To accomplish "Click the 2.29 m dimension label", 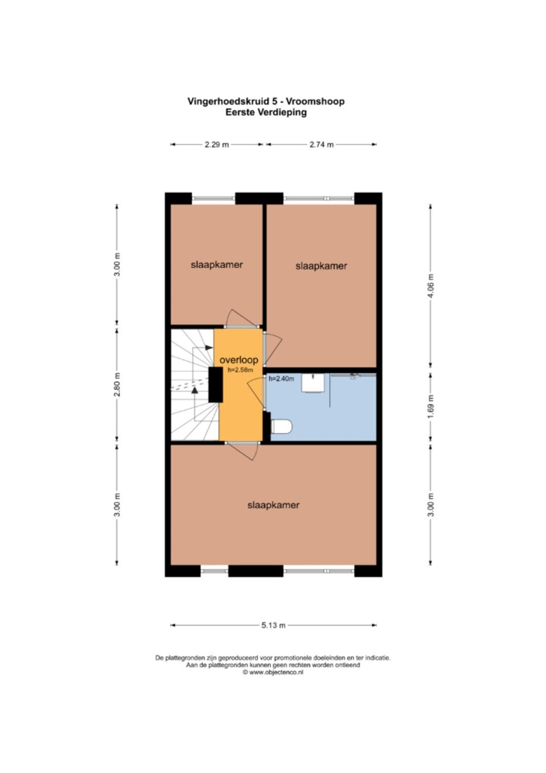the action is coord(217,144).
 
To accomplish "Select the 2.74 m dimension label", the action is coord(321,144).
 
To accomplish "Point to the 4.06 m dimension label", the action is coord(430,286).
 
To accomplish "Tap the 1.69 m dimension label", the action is coord(430,408).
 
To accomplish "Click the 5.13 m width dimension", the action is coord(274,625).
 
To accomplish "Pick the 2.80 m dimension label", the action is coord(117,384).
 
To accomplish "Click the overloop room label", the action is coord(239,360).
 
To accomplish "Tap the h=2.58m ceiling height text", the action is coord(241,370).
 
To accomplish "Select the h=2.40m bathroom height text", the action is coord(281,378).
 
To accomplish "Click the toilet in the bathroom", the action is coord(281,426).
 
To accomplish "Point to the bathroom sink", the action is coord(313,383).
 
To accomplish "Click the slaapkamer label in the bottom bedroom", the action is coord(274,505).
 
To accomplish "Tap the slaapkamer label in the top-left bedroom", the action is coord(217,265).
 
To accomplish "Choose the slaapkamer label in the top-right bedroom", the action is coord(321,266).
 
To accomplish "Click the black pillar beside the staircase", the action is coord(216,384).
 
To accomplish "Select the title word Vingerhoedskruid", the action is coord(229,101).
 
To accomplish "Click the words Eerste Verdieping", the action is coord(266,113).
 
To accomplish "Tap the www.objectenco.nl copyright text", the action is coord(272,672).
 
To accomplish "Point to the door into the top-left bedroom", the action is coord(242,320).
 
